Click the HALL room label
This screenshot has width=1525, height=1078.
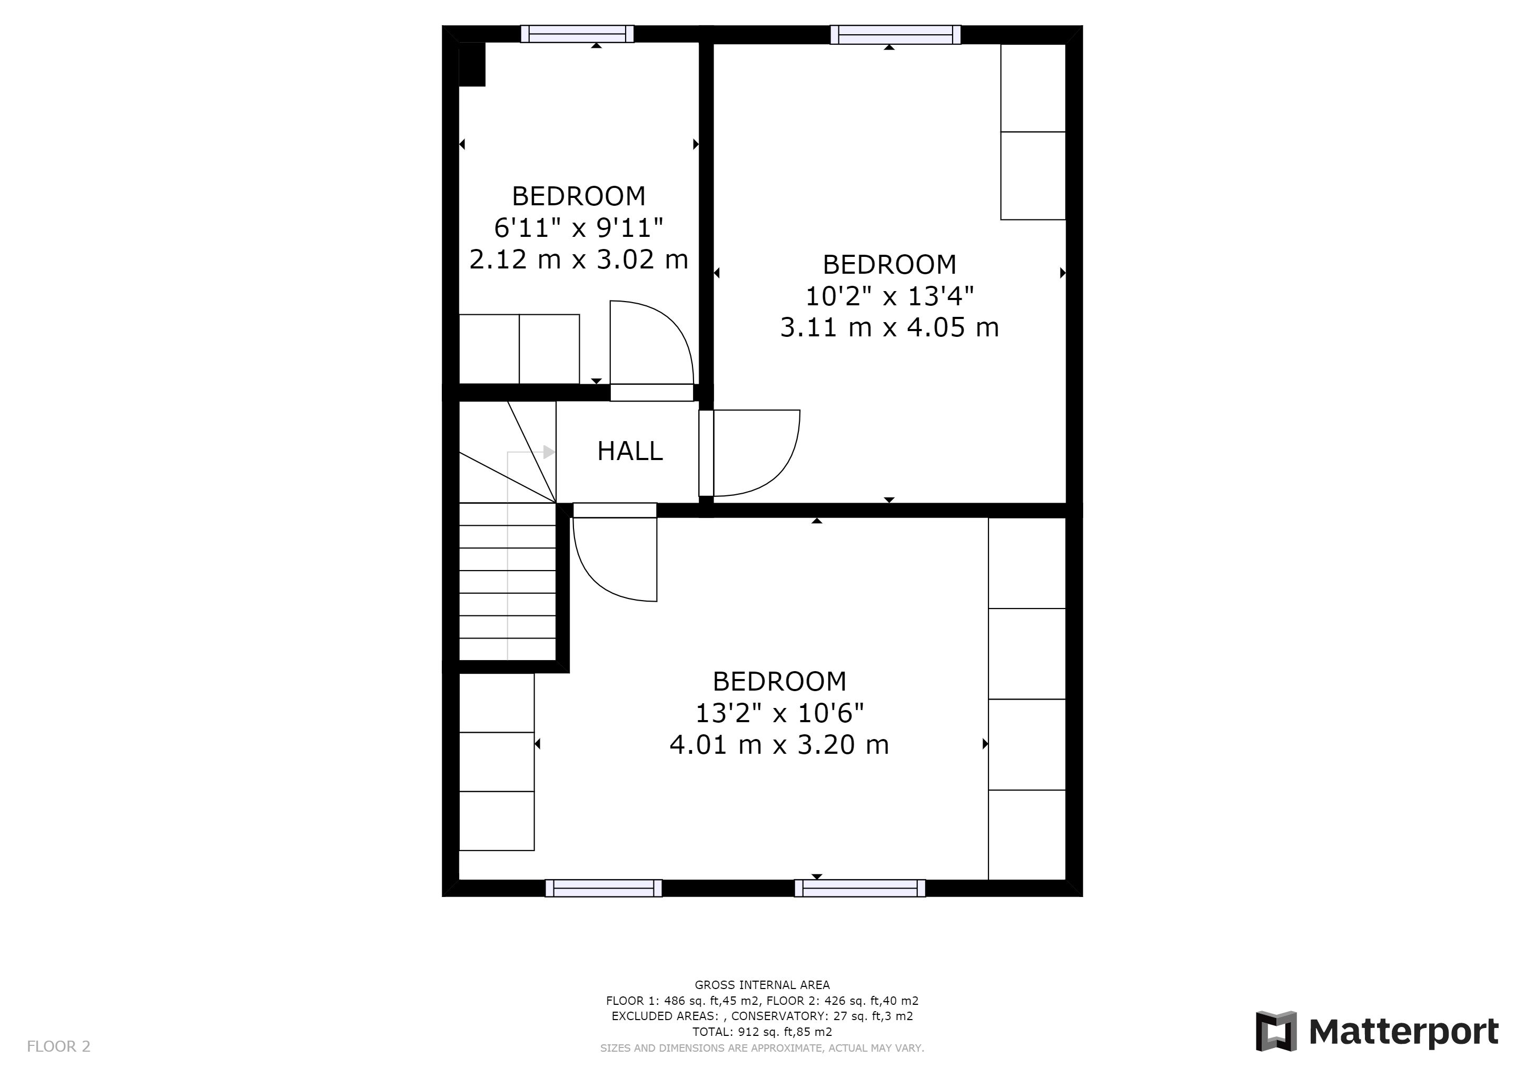pyautogui.click(x=630, y=452)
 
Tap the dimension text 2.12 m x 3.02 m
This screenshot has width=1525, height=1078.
pyautogui.click(x=579, y=259)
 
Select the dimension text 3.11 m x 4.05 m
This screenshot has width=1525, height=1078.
pyautogui.click(x=889, y=328)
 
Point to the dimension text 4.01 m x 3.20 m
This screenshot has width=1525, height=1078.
pyautogui.click(x=779, y=745)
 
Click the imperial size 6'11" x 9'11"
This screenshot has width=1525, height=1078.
pyautogui.click(x=579, y=228)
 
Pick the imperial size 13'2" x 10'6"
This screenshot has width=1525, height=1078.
pyautogui.click(x=779, y=713)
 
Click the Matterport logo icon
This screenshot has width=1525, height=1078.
pyautogui.click(x=1276, y=1031)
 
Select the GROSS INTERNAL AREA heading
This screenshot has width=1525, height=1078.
pyautogui.click(x=762, y=985)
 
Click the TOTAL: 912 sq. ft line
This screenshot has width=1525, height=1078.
pyautogui.click(x=762, y=1032)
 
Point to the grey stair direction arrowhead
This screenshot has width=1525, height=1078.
pyautogui.click(x=549, y=452)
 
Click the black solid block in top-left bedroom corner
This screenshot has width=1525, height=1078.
pyautogui.click(x=472, y=64)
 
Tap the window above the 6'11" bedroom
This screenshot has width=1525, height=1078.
pyautogui.click(x=577, y=34)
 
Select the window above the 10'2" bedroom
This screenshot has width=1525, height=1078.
pyautogui.click(x=895, y=35)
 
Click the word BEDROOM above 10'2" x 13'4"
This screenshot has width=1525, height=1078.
pyautogui.click(x=889, y=265)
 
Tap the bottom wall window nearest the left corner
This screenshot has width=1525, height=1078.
pyautogui.click(x=604, y=888)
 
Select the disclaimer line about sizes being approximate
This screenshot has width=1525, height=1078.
pyautogui.click(x=762, y=1048)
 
